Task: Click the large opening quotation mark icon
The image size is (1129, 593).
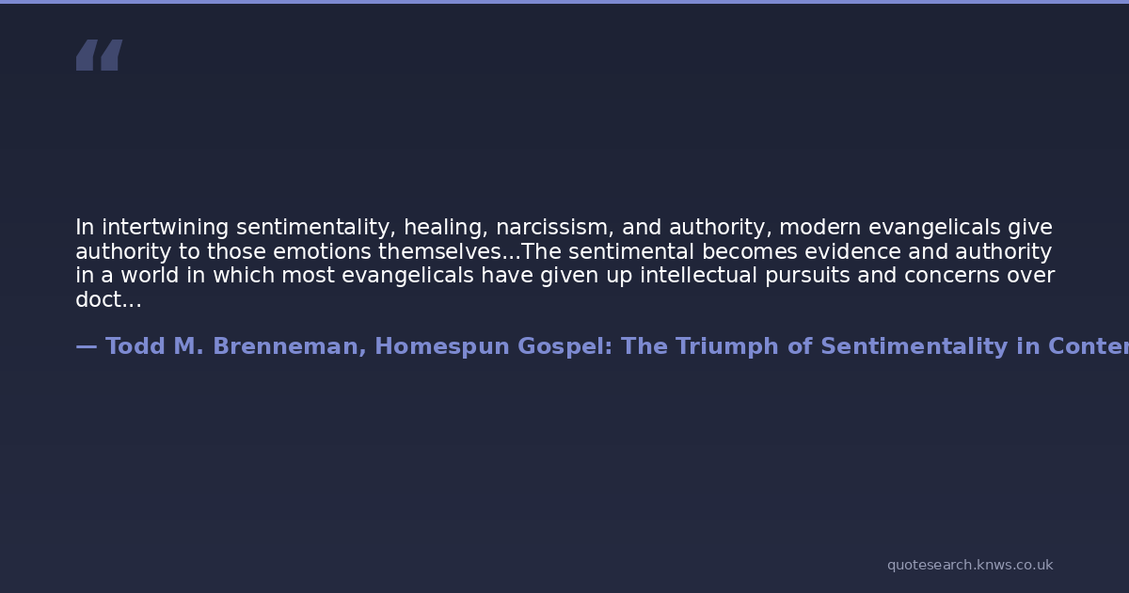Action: [x=100, y=55]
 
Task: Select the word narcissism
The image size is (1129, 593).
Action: [x=555, y=228]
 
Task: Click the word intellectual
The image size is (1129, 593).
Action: [x=698, y=275]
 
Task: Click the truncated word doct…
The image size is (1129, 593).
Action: [x=108, y=299]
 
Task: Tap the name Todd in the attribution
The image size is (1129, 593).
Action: [x=135, y=346]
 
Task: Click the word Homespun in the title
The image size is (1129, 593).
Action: [x=442, y=347]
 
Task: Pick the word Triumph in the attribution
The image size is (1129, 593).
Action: [x=725, y=347]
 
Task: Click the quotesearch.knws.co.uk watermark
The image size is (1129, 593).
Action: [x=970, y=565]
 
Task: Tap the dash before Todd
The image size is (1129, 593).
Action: [x=87, y=347]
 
